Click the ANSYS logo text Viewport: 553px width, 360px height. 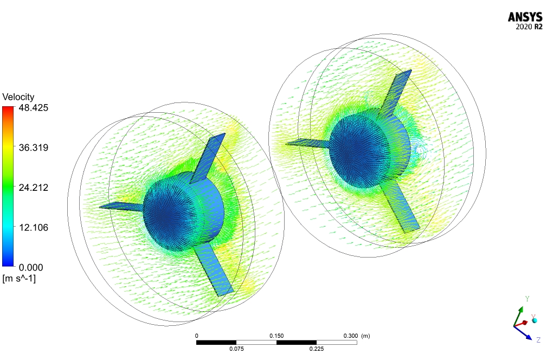click(x=525, y=17)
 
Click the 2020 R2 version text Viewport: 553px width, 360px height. click(x=529, y=27)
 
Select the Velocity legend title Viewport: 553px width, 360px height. click(x=18, y=97)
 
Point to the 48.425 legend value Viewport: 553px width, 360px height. click(x=34, y=107)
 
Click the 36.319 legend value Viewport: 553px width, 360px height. click(x=34, y=147)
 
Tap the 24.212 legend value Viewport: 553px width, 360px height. click(x=34, y=187)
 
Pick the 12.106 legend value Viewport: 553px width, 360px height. click(x=34, y=227)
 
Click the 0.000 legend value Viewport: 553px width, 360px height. click(x=31, y=267)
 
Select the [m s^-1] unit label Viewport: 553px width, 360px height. click(x=19, y=279)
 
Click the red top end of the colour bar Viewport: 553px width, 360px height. click(x=8, y=108)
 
